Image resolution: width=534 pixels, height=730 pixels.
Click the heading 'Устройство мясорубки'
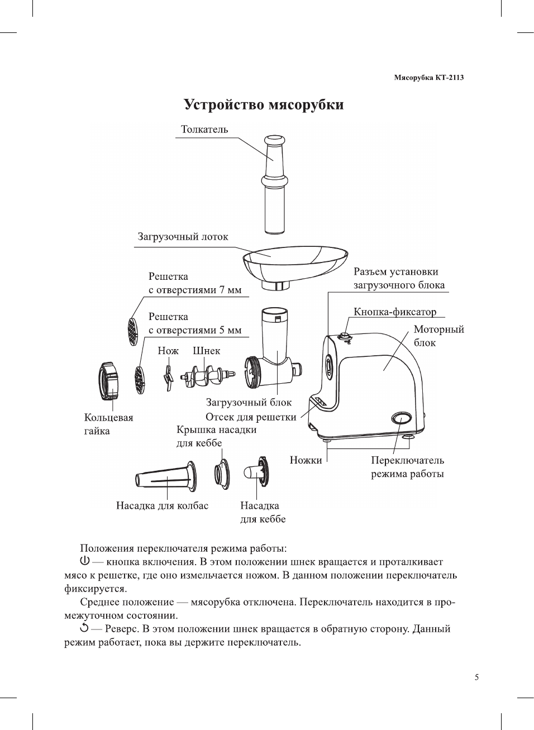(264, 105)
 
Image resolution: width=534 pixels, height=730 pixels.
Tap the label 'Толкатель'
(204, 130)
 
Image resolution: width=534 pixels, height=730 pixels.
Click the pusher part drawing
(274, 184)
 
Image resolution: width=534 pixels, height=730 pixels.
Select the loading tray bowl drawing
(293, 263)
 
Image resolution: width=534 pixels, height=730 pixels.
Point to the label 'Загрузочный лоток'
(183, 237)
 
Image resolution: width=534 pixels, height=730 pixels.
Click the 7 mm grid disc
(132, 331)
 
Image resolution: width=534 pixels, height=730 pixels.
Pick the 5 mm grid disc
(140, 380)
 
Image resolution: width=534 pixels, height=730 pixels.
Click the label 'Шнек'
(206, 351)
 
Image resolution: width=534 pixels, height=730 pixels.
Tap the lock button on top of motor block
(345, 336)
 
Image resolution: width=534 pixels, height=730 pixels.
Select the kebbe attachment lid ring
(222, 474)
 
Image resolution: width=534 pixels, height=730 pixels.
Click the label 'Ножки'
(306, 460)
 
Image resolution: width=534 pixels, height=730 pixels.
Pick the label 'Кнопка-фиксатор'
(394, 312)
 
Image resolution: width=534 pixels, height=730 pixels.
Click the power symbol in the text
(85, 561)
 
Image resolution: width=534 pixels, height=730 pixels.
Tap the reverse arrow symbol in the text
(85, 628)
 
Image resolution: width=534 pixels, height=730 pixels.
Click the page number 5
(476, 677)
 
